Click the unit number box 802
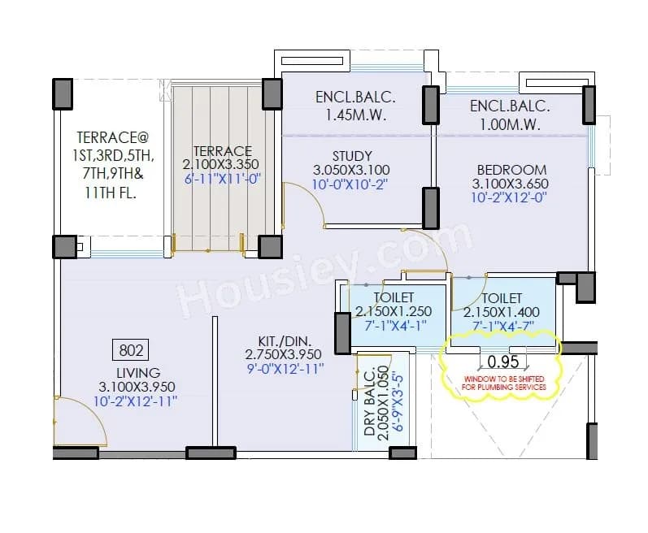[131, 351]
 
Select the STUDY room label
[352, 156]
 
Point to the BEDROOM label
[511, 170]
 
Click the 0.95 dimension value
[503, 361]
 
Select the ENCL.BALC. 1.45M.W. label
[355, 106]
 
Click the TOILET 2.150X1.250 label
[394, 305]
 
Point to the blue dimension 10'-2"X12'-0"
[511, 197]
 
